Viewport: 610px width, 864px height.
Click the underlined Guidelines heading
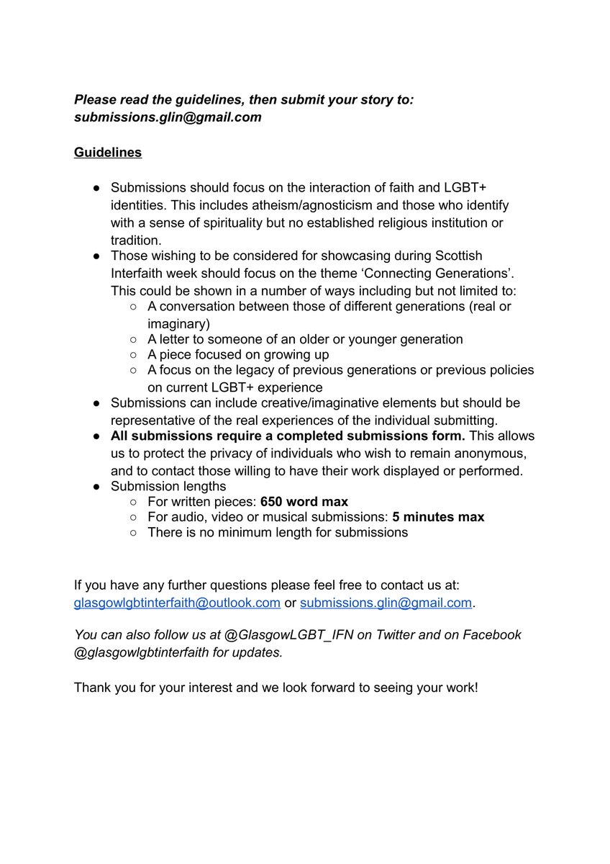(x=108, y=153)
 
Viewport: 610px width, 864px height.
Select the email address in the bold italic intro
(x=168, y=117)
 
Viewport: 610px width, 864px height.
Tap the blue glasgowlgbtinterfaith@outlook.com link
(x=177, y=603)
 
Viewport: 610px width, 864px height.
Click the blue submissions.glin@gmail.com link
(x=386, y=603)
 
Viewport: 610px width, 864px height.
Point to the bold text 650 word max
(x=304, y=501)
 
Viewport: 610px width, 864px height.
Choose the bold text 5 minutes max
(x=438, y=517)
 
